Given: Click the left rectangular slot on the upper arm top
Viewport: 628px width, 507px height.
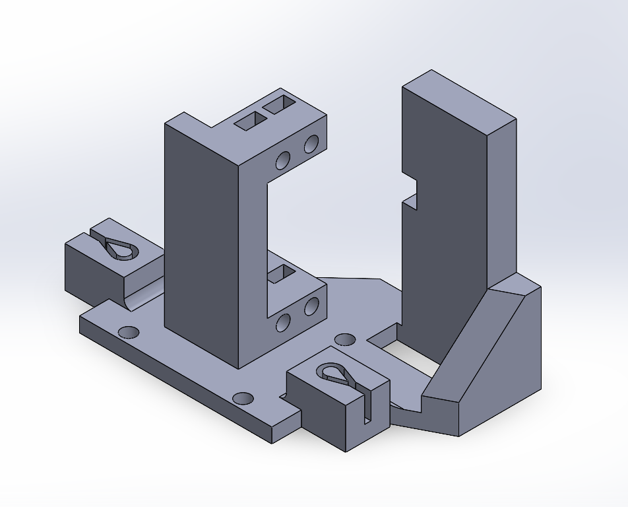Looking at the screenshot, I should coord(250,121).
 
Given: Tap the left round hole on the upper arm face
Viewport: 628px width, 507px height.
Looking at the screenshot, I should coord(283,160).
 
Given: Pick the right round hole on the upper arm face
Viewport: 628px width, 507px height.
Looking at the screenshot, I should coord(311,143).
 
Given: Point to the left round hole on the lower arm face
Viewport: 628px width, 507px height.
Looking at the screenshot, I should coord(283,322).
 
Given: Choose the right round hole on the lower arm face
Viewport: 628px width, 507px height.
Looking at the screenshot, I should coord(311,306).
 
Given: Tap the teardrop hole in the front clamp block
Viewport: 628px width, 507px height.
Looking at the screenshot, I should coord(336,374).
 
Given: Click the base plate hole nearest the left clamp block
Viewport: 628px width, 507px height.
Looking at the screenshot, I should coord(128,331).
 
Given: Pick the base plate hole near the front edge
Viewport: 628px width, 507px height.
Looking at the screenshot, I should coord(243,398).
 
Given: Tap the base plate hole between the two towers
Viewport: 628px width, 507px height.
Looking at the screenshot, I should coord(345,339).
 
